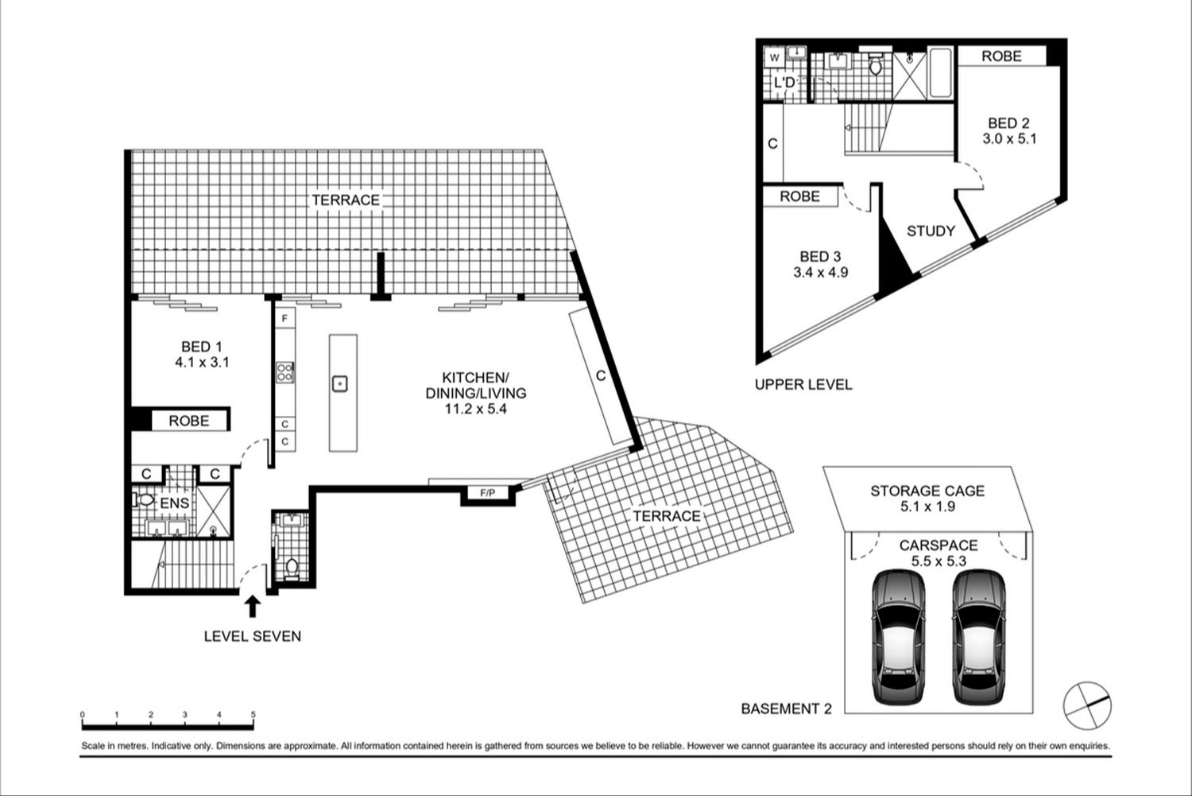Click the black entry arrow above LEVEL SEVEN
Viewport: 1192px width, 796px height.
[x=253, y=607]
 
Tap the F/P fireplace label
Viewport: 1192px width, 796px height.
[x=487, y=493]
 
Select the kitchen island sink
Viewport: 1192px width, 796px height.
[x=340, y=383]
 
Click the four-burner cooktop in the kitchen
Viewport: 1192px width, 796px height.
[x=285, y=372]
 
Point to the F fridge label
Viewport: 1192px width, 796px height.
[x=284, y=318]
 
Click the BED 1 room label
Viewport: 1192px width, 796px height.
[x=202, y=347]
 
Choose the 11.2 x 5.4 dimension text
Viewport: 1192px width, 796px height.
[x=476, y=409]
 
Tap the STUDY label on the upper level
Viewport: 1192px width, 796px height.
[x=931, y=231]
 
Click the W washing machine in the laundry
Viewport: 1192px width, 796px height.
[x=775, y=58]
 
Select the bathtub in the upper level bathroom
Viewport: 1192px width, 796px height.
[x=941, y=73]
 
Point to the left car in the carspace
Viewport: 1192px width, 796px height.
[x=898, y=637]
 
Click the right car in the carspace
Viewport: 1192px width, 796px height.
[x=979, y=637]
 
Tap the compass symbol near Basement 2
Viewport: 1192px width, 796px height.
[x=1087, y=705]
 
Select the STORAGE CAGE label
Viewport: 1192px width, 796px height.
[x=927, y=491]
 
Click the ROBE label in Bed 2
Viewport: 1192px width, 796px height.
[x=1001, y=56]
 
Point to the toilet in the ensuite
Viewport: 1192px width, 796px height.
[x=144, y=500]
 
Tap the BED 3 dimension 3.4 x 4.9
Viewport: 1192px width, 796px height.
[x=821, y=273]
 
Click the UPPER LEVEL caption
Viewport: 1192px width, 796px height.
[x=803, y=384]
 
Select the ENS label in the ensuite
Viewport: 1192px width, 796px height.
[x=175, y=503]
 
